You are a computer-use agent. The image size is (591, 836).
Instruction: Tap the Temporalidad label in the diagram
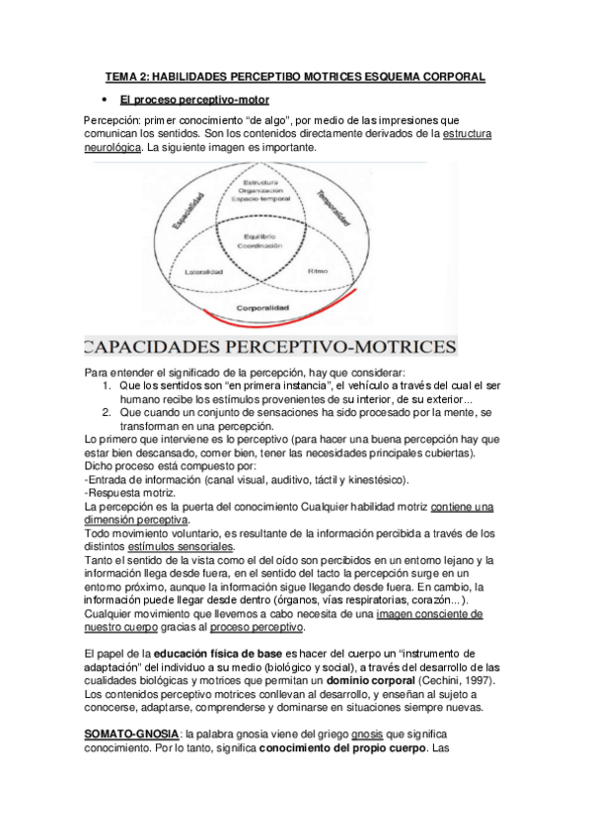pos(329,208)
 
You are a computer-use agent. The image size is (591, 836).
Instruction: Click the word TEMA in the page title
pos(123,76)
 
